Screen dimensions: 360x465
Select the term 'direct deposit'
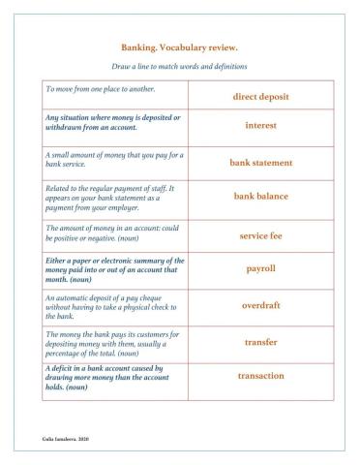260,97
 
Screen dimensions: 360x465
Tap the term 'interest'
260,125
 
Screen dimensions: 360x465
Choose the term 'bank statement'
260,163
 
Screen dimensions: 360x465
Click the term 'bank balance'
260,197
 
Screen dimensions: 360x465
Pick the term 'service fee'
260,235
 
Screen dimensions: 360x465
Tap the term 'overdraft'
260,305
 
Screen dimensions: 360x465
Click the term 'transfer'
260,341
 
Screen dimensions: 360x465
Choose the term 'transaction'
260,375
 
